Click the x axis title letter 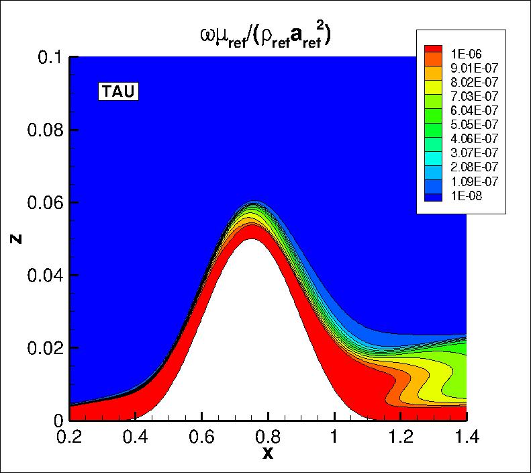point(268,454)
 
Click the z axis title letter point(15,239)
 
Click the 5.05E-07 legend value point(473,125)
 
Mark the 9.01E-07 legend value point(473,69)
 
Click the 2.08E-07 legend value point(473,168)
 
